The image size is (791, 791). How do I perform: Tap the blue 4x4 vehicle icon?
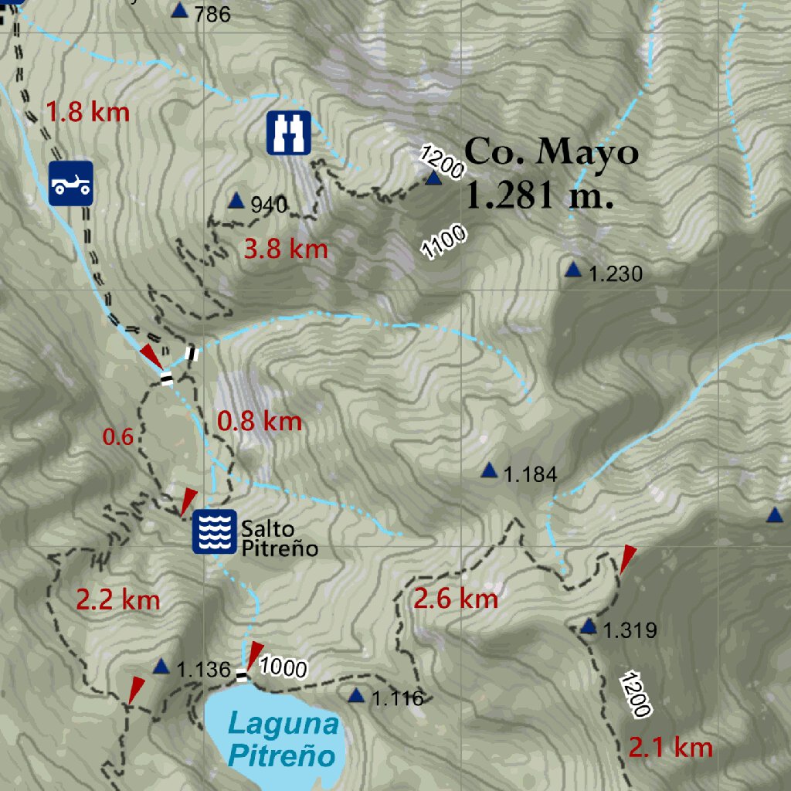pos(71,184)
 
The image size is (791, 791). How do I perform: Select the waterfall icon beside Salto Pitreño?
pos(214,531)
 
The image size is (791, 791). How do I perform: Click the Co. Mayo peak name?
pos(552,152)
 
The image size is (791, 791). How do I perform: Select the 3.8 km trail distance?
pos(286,250)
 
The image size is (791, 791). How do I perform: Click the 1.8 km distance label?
pos(87,112)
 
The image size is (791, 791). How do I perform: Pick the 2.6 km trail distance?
pos(456,598)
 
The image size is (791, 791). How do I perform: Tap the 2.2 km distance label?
pos(117,599)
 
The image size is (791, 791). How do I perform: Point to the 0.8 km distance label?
pos(259,422)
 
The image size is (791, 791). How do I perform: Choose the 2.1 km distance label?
pos(670,747)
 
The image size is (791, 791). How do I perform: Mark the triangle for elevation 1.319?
pos(589,626)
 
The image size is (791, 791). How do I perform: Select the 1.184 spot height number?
pos(530,474)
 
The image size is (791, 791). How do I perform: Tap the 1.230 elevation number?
pos(616,273)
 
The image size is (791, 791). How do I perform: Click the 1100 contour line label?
pos(443,241)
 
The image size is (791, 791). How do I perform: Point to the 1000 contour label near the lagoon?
pos(283,667)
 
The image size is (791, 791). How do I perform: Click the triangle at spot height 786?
pos(180,10)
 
